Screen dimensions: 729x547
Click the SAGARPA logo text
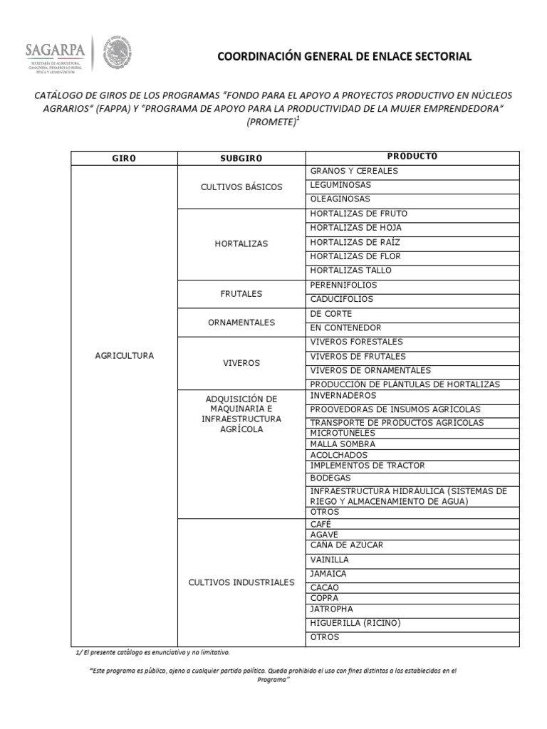(x=56, y=50)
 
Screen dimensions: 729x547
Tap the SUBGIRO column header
(x=241, y=157)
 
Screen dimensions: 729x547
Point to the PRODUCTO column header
(x=412, y=157)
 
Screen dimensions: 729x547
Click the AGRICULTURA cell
(x=124, y=355)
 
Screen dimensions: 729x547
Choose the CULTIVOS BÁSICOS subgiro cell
(x=241, y=187)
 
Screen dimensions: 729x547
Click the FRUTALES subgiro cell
(x=241, y=293)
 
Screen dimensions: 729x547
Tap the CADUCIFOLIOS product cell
(x=341, y=300)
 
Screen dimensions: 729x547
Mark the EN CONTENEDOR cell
(x=345, y=328)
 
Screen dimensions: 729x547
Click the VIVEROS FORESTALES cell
(x=356, y=342)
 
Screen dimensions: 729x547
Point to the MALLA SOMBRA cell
(x=343, y=444)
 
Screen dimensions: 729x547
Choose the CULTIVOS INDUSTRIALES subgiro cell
(x=241, y=582)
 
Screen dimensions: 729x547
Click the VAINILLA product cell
(x=330, y=560)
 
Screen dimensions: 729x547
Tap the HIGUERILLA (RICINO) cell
(x=355, y=623)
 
